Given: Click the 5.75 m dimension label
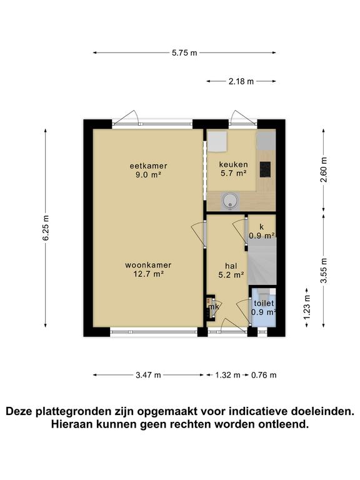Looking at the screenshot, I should [x=184, y=53].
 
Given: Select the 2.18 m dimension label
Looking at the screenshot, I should [x=241, y=81].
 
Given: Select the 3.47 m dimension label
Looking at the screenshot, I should [x=149, y=375].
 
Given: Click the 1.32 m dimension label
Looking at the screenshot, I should [x=228, y=375].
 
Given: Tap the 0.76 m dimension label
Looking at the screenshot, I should [x=264, y=375].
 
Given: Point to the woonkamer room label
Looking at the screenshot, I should [x=148, y=264].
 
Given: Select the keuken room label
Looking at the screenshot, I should [x=233, y=165].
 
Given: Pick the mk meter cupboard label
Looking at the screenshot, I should [x=214, y=306].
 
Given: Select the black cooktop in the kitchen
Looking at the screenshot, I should [x=265, y=168].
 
